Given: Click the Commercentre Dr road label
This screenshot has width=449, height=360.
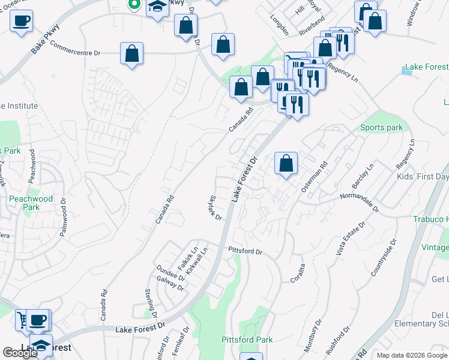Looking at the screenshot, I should pos(75,49).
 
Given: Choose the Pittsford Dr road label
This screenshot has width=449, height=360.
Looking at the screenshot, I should pos(246,251).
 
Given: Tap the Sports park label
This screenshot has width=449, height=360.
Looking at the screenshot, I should pos(381,128).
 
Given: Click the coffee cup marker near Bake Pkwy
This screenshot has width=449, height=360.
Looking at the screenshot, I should pos(22,21).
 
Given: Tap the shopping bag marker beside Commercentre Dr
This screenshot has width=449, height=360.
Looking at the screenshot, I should pos(131,54).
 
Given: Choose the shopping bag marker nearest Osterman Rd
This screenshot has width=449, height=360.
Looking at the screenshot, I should pos(286,163).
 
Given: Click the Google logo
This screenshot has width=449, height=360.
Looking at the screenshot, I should pos(20,353).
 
